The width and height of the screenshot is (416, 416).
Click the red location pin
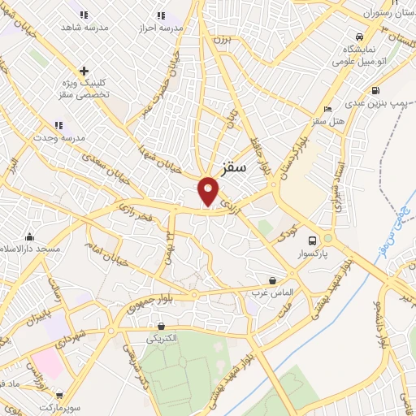(x=209, y=192)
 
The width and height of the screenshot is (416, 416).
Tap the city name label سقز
(x=233, y=171)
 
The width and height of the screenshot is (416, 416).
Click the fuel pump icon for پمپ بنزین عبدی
(x=375, y=90)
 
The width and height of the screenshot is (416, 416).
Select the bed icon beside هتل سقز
(x=327, y=109)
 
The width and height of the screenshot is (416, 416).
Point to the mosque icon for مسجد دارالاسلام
(x=30, y=236)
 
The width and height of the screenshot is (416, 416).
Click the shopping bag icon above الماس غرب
(x=281, y=277)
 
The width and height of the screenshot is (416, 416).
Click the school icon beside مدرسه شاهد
(x=84, y=15)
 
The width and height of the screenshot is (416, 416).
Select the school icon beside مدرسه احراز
(x=160, y=15)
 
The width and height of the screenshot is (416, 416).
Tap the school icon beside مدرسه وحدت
(x=58, y=125)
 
